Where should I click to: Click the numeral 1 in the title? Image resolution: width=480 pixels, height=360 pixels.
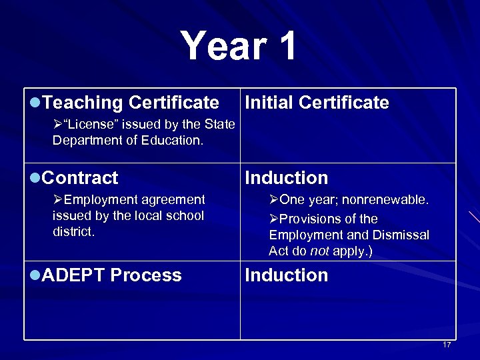tap(285, 46)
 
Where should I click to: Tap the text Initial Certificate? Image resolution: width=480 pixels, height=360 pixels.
tap(317, 103)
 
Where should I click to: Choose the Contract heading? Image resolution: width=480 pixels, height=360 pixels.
tap(79, 178)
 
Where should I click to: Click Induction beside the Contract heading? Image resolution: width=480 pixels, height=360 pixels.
tap(287, 178)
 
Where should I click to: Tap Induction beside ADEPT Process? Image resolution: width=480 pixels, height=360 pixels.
tap(287, 275)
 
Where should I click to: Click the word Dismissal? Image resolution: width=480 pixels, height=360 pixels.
tap(403, 235)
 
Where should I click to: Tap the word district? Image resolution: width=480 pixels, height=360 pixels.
tap(74, 232)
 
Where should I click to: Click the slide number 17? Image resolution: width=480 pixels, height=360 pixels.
tap(447, 345)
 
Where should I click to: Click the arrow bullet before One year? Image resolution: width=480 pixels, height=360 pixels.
tap(274, 200)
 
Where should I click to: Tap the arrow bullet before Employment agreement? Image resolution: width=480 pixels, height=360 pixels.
tap(58, 199)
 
